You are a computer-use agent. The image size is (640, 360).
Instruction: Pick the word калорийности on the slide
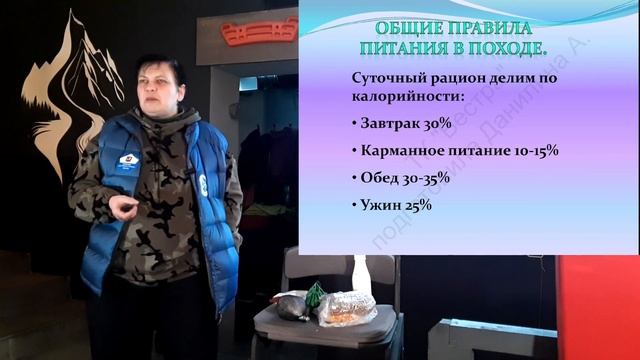[x=404, y=97]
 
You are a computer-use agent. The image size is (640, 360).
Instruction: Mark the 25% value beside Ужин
[x=419, y=205]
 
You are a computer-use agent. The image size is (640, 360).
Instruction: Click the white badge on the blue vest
[x=128, y=162]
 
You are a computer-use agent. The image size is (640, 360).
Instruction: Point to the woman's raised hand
[x=123, y=208]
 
